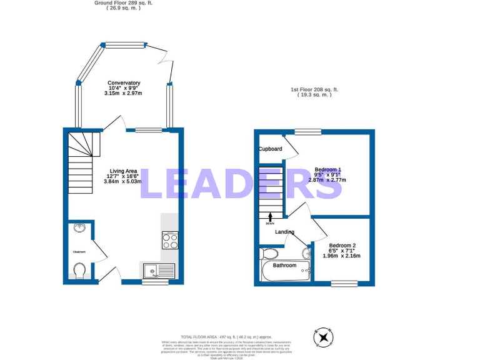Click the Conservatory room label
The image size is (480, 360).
124,83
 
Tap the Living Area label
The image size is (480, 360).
123,171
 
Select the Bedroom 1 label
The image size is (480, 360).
327,170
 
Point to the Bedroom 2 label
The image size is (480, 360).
342,246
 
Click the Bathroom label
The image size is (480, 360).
284,266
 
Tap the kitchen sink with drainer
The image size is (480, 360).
157,271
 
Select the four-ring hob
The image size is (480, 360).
169,240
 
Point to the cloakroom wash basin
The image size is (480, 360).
79,228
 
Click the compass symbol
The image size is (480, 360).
324,337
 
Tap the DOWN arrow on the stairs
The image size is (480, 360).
270,217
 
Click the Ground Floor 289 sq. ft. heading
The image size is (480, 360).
123,3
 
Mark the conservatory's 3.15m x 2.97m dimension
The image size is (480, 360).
123,94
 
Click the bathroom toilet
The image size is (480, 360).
271,254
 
